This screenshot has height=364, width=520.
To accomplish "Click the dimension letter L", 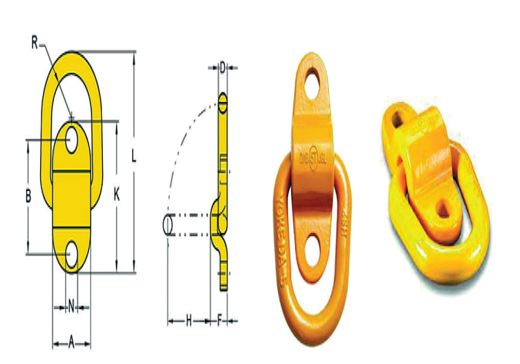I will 134,157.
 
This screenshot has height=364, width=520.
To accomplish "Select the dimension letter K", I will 116,195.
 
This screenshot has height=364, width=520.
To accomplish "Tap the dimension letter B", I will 29,196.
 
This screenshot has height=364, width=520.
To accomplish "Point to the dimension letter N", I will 71,307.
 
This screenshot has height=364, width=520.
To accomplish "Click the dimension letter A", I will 72,343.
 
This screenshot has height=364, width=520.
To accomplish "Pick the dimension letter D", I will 223,67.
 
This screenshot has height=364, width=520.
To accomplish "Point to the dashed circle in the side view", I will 167,225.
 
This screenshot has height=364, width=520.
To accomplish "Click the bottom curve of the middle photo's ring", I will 307,333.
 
